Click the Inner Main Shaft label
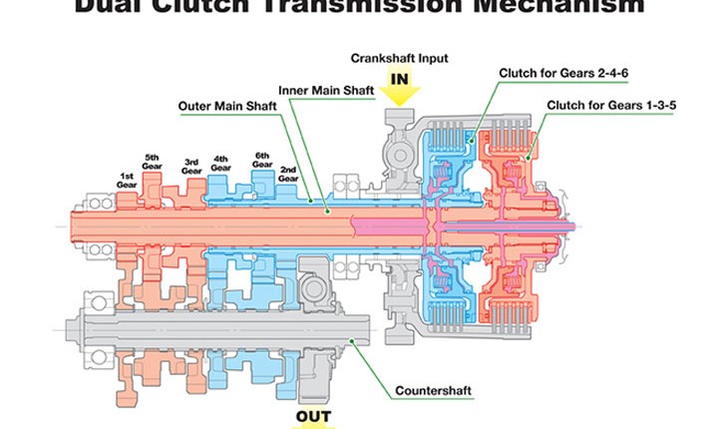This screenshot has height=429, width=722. pos(325,90)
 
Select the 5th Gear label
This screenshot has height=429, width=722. pos(153,161)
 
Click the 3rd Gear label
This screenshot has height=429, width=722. pos(191,166)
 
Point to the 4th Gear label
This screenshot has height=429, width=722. pos(221,161)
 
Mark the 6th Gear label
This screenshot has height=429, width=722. pos(262,161)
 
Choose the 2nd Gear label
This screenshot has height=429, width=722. pos(288,173)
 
